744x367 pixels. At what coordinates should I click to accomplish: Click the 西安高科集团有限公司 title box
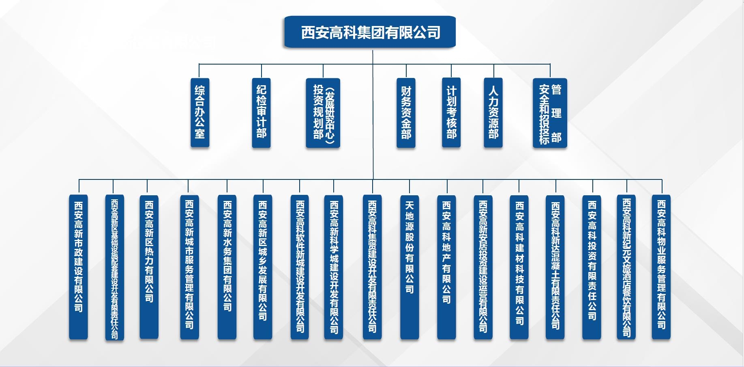coord(370,32)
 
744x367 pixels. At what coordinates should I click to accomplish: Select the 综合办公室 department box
coord(200,112)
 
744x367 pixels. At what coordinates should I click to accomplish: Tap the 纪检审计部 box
coord(261,112)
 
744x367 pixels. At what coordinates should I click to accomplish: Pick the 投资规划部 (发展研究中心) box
coord(323,112)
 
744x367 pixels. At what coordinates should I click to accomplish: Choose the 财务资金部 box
coord(406,112)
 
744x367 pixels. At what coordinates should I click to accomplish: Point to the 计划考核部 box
coord(451,112)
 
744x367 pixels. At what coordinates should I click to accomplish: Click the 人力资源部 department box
coord(493,112)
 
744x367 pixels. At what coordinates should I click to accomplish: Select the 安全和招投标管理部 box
coord(550,112)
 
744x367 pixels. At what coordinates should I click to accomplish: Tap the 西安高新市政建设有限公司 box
coord(78,267)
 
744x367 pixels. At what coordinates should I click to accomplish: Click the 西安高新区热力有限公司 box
coord(149,267)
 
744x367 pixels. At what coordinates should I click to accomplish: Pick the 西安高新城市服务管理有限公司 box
coord(189,267)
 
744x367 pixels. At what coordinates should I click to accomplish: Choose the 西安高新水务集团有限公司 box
coord(227,267)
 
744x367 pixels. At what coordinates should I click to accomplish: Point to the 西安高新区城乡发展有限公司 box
coord(263,267)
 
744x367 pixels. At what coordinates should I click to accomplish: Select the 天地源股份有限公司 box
coord(410,267)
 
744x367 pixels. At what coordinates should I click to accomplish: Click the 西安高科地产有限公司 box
coord(446,267)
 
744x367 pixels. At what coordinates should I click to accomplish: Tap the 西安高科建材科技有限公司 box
coord(519,267)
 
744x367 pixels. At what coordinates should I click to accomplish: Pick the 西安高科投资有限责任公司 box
coord(592,267)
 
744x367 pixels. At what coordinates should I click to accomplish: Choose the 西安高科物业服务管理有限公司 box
coord(661,267)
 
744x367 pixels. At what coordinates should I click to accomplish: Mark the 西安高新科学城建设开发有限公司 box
coord(334,267)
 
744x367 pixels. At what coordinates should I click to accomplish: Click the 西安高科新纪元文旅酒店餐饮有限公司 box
coord(626,267)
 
